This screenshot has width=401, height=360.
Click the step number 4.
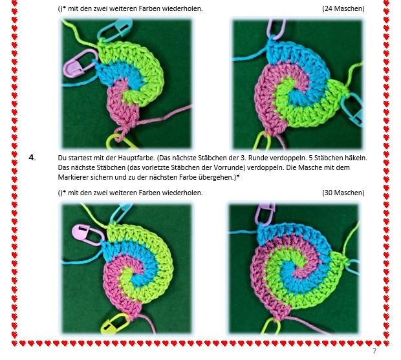coord(32,158)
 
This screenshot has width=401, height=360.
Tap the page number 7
coord(374,351)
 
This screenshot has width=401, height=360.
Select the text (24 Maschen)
coord(343,8)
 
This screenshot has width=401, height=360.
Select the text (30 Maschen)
coord(343,193)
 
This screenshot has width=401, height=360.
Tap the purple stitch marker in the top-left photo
coord(80,63)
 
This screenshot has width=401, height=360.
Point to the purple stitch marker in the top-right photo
coord(276,28)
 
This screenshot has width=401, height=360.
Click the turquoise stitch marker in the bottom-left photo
coord(121,211)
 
